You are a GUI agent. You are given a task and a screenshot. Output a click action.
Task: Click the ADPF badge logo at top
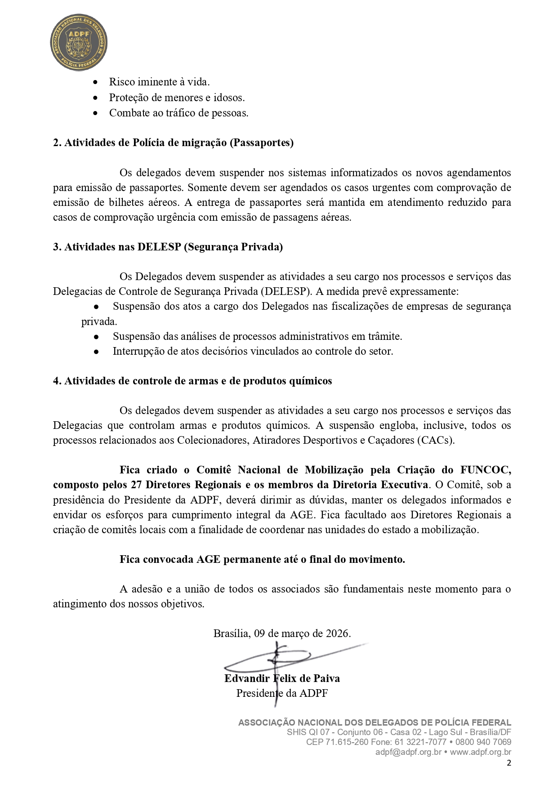pos(79,42)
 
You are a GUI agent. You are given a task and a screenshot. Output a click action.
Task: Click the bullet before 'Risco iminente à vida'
pos(95,82)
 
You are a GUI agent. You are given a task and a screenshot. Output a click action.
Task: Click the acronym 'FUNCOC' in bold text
pos(485,470)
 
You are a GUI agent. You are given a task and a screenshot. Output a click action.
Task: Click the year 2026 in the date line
pos(338,633)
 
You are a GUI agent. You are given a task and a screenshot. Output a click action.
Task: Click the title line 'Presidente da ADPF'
pos(282,693)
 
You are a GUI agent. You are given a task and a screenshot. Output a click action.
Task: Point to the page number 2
pos(509,762)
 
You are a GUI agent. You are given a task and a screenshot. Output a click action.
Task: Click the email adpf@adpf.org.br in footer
pos(408,752)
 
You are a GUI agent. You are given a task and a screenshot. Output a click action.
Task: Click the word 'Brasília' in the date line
pos(231,633)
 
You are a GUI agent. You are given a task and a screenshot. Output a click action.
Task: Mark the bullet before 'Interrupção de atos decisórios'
pos(96,352)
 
